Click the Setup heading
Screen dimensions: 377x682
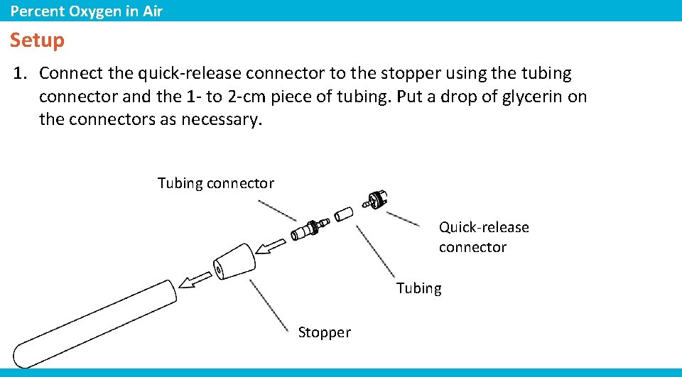pyautogui.click(x=37, y=40)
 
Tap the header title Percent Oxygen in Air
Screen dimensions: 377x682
pyautogui.click(x=87, y=11)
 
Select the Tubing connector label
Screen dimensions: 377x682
pyautogui.click(x=215, y=183)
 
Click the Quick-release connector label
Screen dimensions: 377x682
pyautogui.click(x=483, y=237)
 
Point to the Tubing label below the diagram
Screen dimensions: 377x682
pyautogui.click(x=418, y=288)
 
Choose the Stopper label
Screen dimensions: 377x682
pyautogui.click(x=324, y=332)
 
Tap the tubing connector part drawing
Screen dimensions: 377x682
pyautogui.click(x=308, y=228)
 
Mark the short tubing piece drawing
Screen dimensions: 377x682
pyautogui.click(x=342, y=213)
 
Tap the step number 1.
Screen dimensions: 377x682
pyautogui.click(x=19, y=73)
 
